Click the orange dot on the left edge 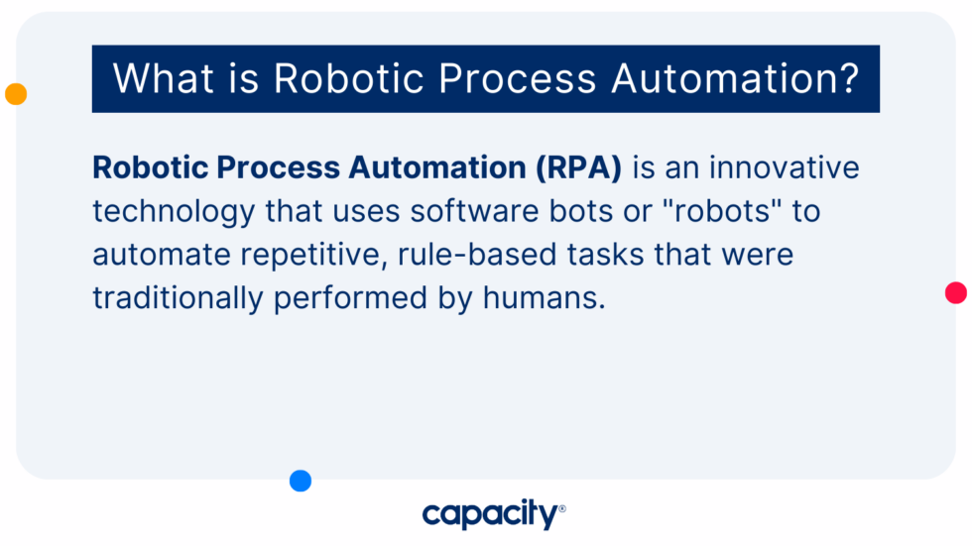coord(16,94)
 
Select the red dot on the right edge coord(956,292)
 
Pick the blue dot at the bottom coord(301,481)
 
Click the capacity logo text coord(489,514)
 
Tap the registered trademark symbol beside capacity coord(562,508)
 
